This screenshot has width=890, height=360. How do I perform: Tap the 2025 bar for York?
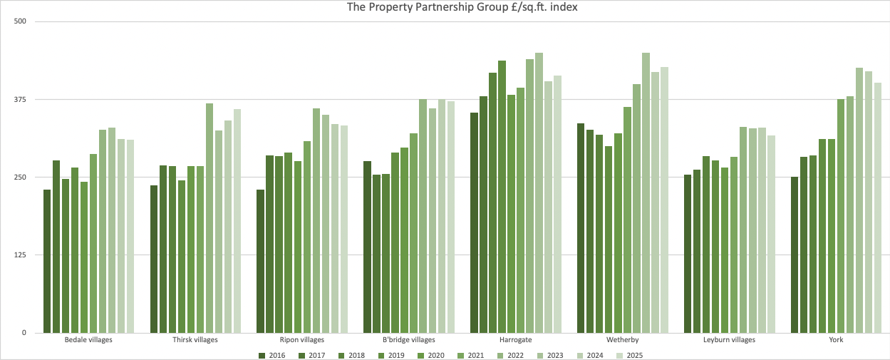[878, 207]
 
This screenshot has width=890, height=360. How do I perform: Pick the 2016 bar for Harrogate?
[475, 222]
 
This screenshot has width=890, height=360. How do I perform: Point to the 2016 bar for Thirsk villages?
[154, 259]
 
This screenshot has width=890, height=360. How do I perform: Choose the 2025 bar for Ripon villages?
[344, 229]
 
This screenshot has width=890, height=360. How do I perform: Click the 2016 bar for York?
[795, 254]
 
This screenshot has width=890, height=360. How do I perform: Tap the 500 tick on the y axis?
[19, 21]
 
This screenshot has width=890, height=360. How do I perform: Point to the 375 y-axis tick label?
[19, 99]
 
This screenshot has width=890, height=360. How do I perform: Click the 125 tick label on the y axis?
[19, 254]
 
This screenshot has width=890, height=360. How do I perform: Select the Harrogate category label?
[515, 340]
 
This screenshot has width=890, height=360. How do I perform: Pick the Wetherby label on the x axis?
[622, 340]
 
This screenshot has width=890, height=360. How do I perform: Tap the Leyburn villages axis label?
[729, 340]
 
